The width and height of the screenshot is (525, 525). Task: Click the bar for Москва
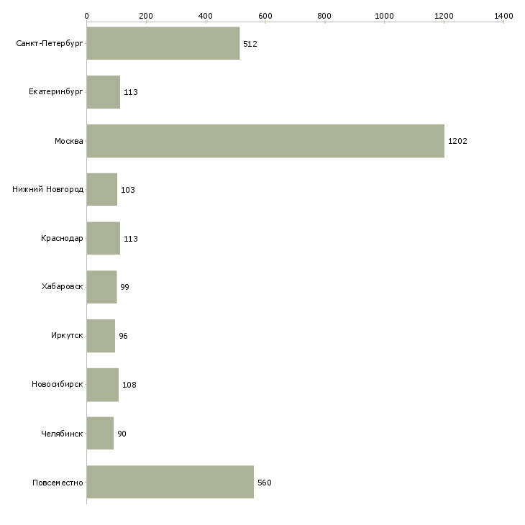coord(265,141)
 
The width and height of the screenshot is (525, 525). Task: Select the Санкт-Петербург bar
coord(163,43)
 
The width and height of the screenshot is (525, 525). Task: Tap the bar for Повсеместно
coord(170,482)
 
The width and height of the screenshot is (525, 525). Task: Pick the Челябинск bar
coord(100,434)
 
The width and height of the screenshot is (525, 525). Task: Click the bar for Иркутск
coord(101,336)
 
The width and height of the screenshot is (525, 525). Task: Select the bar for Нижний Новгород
coord(101,190)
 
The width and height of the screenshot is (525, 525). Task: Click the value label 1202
coord(457,141)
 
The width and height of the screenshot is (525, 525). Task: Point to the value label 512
coord(250,44)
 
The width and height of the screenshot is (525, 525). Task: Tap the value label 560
coord(264,483)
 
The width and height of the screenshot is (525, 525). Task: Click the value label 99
coord(124,288)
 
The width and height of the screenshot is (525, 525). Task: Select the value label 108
coord(129,385)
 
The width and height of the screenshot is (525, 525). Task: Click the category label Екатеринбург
coord(56,92)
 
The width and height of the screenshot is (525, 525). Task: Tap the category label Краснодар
coord(62,239)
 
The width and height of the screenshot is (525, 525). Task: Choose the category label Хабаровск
coord(62,287)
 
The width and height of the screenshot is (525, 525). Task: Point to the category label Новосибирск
coord(57,385)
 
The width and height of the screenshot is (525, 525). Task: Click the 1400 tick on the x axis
coord(503,15)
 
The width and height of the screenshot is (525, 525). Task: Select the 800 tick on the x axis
coord(325,15)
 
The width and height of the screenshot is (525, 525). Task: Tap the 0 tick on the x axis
coord(87,15)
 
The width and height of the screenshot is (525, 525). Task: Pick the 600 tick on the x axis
coord(265,15)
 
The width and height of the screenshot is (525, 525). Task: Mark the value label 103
coord(128,190)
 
